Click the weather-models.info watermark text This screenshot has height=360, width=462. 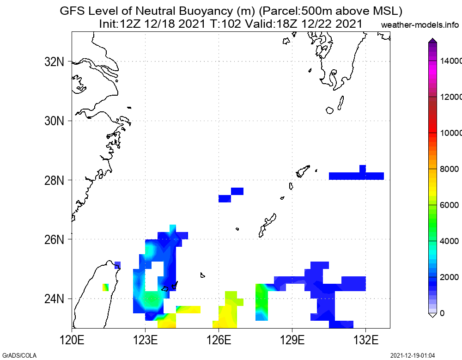pos(420,24)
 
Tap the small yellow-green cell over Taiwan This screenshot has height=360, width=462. pos(105,287)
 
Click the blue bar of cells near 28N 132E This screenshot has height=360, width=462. pos(356,175)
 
